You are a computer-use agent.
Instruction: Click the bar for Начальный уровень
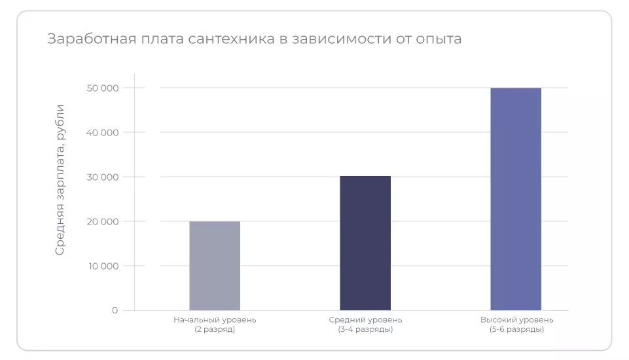[x=215, y=266]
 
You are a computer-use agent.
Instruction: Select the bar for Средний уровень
[x=365, y=243]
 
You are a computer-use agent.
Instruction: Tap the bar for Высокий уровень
[x=516, y=199]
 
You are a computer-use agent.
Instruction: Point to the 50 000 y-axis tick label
[x=101, y=88]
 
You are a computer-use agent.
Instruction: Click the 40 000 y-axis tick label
[x=101, y=133]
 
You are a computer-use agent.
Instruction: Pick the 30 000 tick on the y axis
[x=101, y=177]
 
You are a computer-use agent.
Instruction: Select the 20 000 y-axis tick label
[x=101, y=222]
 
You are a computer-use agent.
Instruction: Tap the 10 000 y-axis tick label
[x=102, y=266]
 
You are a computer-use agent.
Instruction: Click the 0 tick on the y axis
[x=115, y=310]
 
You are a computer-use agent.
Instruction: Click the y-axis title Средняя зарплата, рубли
[x=60, y=179]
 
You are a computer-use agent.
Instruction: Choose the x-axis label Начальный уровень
[x=215, y=320]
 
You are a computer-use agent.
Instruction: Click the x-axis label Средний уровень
[x=365, y=320]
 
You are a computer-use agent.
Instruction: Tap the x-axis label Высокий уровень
[x=516, y=320]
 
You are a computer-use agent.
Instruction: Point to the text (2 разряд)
[x=215, y=329]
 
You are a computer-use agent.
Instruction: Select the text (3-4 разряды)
[x=365, y=329]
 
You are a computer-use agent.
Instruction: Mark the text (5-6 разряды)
[x=516, y=329]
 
